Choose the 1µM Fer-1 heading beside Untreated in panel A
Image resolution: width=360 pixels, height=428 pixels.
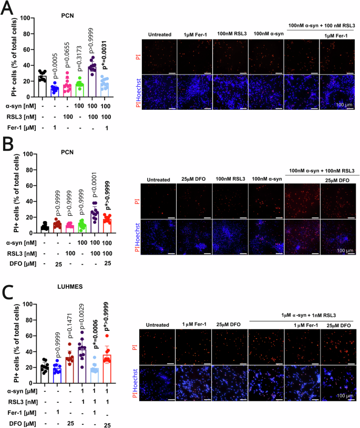pyautogui.click(x=195, y=34)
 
